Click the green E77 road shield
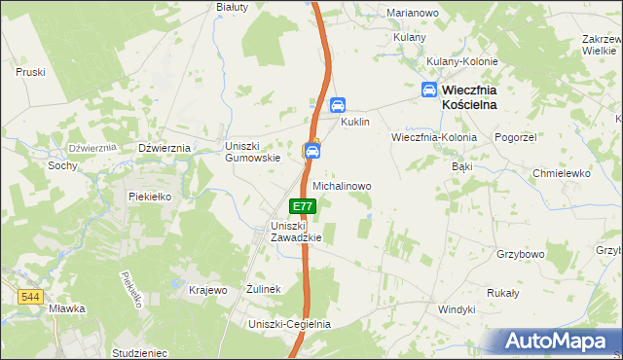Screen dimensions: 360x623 tap(303, 206)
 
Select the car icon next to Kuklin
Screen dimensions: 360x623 tap(338, 106)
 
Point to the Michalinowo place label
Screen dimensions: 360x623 tap(341, 185)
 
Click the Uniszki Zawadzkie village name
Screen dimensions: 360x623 tap(289, 233)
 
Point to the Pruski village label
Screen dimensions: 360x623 tap(31, 72)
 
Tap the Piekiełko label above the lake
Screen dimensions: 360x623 tap(150, 196)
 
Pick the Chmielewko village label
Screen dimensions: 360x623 tap(562, 173)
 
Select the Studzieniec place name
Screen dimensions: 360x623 tap(140, 352)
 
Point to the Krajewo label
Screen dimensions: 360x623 tap(207, 290)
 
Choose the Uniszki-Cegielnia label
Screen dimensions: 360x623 tap(290, 324)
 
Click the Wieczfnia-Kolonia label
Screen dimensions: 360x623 tap(434, 137)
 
